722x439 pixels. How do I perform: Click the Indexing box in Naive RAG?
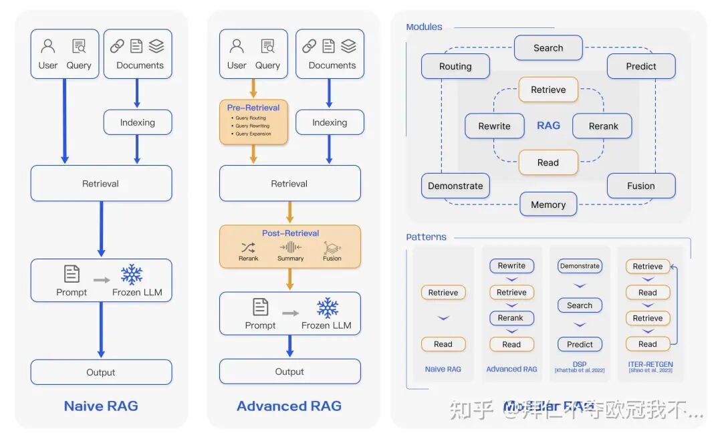click(138, 122)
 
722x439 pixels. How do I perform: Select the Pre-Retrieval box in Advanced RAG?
click(253, 122)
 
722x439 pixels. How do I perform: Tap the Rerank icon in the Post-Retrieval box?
click(248, 247)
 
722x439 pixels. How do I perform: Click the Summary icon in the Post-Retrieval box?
click(290, 247)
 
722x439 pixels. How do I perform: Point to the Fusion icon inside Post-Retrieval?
click(332, 247)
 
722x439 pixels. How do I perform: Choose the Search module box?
click(548, 48)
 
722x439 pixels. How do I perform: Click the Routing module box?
click(455, 67)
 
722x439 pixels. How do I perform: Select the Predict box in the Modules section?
click(641, 67)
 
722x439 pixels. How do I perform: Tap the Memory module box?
click(548, 204)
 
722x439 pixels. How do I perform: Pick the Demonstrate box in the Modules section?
click(455, 186)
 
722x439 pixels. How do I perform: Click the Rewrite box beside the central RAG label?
click(495, 126)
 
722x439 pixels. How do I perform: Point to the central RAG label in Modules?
click(549, 126)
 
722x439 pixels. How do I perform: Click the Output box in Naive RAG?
click(101, 372)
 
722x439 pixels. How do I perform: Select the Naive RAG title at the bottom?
click(101, 406)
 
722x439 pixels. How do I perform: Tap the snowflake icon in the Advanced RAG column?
click(327, 308)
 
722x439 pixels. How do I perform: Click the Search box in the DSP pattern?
click(580, 305)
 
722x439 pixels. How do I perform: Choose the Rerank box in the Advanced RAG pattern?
click(511, 318)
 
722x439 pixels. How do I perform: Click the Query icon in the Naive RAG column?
click(79, 47)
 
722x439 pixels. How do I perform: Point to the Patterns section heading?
click(427, 237)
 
